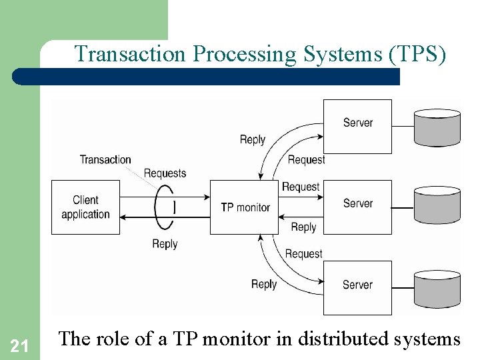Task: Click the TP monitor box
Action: coord(244,207)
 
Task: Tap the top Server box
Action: coord(357,127)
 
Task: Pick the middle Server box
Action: coord(357,207)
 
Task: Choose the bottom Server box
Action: coord(357,288)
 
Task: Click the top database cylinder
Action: coord(437,127)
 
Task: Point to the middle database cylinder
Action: coord(437,208)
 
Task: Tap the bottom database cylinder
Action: coord(437,289)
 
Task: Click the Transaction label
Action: coord(105,159)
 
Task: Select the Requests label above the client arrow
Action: coord(165,173)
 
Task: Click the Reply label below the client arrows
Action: coord(165,244)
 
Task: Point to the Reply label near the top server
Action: coord(253,139)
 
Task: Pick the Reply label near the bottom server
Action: coord(264,284)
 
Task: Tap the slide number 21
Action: coord(20,345)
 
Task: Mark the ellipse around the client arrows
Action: coord(164,207)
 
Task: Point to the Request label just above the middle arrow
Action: coord(301,187)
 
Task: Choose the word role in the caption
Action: coord(113,339)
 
